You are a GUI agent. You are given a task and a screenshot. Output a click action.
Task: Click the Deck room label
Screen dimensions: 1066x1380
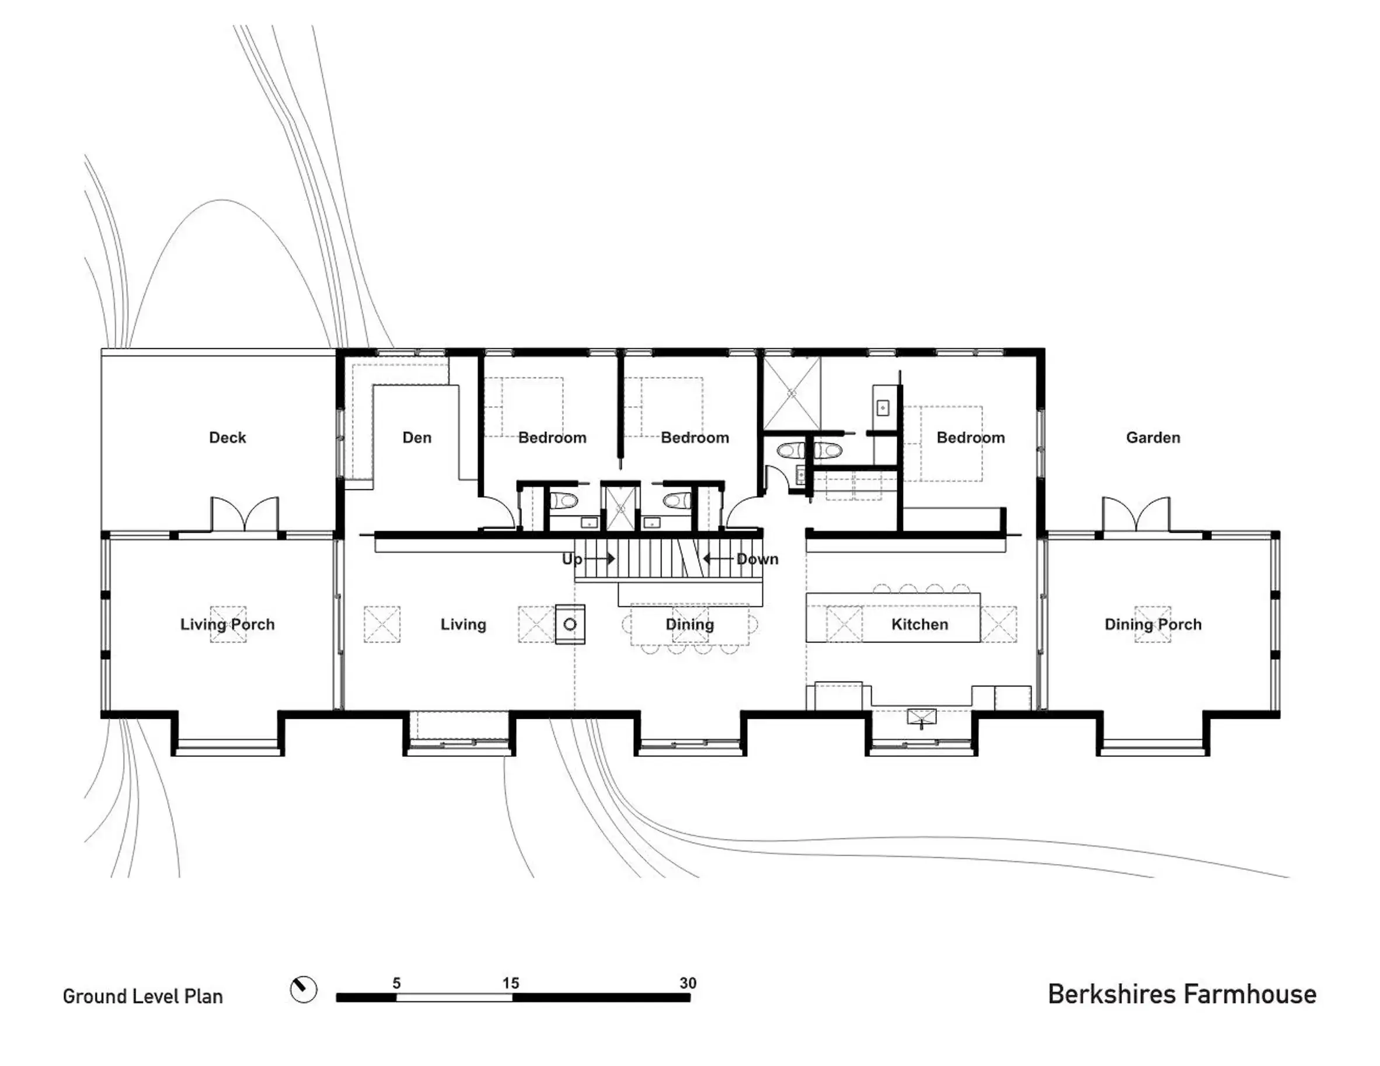pos(228,438)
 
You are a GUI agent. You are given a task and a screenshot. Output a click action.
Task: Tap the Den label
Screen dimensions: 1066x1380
pos(417,438)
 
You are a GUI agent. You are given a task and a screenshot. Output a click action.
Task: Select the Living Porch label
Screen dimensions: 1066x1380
pos(228,624)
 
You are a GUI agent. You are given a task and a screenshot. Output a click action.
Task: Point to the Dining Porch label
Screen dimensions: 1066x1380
pos(1152,624)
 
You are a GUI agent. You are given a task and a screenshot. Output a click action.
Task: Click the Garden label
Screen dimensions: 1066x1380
pos(1152,438)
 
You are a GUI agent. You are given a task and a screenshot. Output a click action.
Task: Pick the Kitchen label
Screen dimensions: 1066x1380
pos(919,624)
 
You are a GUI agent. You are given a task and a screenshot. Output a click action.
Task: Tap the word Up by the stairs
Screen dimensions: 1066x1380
pos(572,559)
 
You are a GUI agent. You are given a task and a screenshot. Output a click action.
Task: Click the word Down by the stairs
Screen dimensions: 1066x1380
pos(757,559)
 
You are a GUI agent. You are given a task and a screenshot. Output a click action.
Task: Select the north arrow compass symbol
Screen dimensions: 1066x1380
pos(304,989)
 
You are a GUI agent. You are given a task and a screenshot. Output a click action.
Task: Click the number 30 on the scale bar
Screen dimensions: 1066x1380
pos(688,983)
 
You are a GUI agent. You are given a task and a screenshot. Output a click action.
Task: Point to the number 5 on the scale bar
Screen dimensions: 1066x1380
pos(396,983)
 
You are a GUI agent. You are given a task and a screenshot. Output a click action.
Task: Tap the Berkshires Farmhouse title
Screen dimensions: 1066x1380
pos(1182,994)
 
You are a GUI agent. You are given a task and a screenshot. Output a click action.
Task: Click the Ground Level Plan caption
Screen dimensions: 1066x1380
pos(143,997)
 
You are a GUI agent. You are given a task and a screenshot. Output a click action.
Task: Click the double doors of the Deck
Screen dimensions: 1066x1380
pos(245,515)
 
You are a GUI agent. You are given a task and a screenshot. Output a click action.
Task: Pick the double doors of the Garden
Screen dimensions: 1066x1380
pos(1136,515)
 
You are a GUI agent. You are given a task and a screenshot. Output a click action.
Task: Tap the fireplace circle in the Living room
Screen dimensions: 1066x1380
pos(570,624)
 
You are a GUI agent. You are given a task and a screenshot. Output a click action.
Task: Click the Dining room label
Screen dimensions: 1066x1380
pos(689,624)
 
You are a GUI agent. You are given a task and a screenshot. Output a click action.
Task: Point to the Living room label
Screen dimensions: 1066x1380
pos(463,624)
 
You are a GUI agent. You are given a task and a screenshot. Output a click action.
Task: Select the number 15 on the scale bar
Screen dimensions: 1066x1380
pos(511,983)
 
